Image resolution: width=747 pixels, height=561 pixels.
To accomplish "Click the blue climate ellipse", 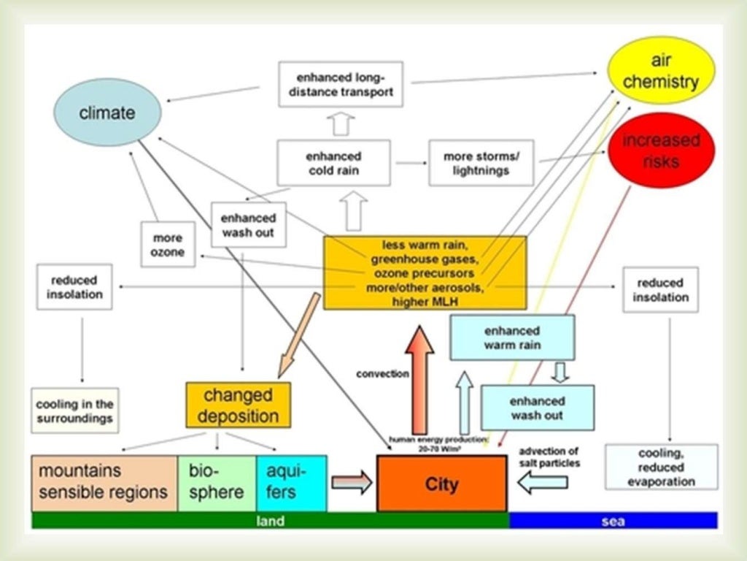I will pyautogui.click(x=107, y=112).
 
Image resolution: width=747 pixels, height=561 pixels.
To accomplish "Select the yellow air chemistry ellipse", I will pyautogui.click(x=661, y=70).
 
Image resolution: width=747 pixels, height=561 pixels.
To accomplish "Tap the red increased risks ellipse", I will pyautogui.click(x=661, y=150).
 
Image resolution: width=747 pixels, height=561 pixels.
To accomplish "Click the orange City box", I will pyautogui.click(x=441, y=484).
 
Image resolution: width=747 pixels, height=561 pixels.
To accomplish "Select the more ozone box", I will pyautogui.click(x=167, y=245).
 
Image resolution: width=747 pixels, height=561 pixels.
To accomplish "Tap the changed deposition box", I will pyautogui.click(x=238, y=405).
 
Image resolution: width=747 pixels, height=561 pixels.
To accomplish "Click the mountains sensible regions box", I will pyautogui.click(x=104, y=483).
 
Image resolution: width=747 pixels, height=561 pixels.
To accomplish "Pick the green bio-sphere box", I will pyautogui.click(x=217, y=483).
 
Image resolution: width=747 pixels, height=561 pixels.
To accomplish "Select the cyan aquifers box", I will pyautogui.click(x=291, y=483).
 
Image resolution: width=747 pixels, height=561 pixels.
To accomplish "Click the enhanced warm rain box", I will pyautogui.click(x=512, y=337).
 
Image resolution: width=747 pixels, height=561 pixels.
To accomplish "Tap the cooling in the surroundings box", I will pyautogui.click(x=75, y=411).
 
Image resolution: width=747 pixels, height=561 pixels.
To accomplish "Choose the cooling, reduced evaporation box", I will pyautogui.click(x=661, y=467).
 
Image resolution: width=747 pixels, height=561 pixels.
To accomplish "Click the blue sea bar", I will pyautogui.click(x=613, y=521).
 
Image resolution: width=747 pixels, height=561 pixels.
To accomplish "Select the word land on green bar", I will pyautogui.click(x=270, y=521).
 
